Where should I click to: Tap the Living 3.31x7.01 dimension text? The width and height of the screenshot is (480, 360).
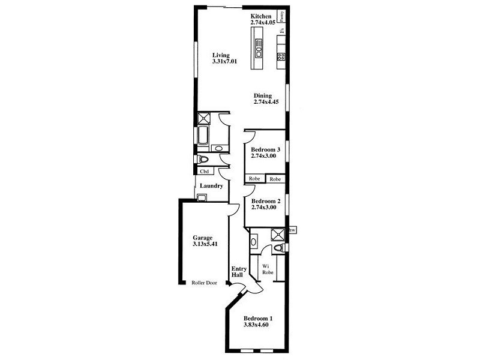pyautogui.click(x=224, y=61)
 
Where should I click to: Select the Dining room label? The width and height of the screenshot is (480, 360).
pyautogui.click(x=262, y=95)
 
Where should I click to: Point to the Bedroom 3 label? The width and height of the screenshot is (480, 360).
pyautogui.click(x=265, y=149)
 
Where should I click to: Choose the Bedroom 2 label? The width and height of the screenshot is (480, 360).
pyautogui.click(x=265, y=202)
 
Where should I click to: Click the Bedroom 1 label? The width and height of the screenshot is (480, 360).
pyautogui.click(x=258, y=319)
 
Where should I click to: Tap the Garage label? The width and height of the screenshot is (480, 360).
pyautogui.click(x=203, y=238)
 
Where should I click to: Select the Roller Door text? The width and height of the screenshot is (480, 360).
pyautogui.click(x=204, y=283)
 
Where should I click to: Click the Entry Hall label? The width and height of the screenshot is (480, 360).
pyautogui.click(x=238, y=271)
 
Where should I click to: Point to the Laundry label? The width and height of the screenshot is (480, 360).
pyautogui.click(x=211, y=186)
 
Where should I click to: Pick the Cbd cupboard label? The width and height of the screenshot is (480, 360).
pyautogui.click(x=205, y=171)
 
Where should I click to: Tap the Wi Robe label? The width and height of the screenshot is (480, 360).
pyautogui.click(x=268, y=269)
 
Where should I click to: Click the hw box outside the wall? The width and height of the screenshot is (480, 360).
pyautogui.click(x=292, y=230)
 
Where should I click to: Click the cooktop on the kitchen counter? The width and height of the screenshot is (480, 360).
pyautogui.click(x=280, y=56)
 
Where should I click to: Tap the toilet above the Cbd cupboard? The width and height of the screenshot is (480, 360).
pyautogui.click(x=203, y=160)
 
